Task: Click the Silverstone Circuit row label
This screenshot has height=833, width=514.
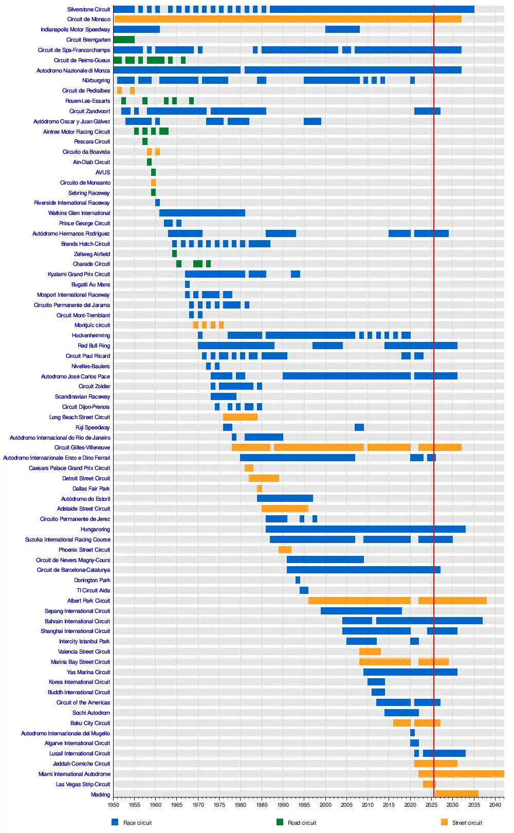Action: click(88, 9)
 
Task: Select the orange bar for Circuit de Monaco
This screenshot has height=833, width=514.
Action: click(288, 19)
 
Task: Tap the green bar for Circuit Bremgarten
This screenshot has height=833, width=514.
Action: click(124, 40)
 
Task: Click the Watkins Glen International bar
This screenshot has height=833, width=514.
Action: click(202, 213)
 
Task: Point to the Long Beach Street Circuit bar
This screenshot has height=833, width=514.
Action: click(240, 417)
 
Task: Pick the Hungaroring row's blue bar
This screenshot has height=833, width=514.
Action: click(365, 529)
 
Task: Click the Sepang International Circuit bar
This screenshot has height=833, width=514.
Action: click(361, 611)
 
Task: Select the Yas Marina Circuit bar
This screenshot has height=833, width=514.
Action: click(410, 672)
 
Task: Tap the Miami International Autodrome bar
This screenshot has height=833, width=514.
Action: click(461, 774)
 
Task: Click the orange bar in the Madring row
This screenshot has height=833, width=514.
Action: click(457, 794)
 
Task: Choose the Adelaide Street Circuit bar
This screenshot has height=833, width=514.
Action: click(285, 509)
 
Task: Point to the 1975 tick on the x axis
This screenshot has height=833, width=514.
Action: click(219, 805)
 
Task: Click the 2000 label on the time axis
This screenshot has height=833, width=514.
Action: click(325, 805)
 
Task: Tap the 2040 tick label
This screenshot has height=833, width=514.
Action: click(495, 805)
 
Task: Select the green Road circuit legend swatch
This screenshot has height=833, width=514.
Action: click(280, 822)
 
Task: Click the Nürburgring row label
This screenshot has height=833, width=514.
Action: click(96, 81)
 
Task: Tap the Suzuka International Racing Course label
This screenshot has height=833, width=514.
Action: click(68, 539)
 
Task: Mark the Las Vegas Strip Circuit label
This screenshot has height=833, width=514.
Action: click(83, 784)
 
